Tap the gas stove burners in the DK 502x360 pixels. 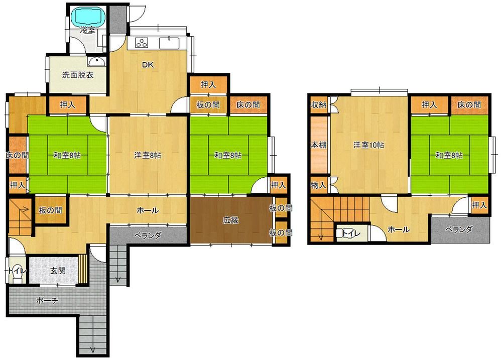click(142, 43)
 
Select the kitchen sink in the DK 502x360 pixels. click(169, 43)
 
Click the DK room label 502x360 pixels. click(148, 65)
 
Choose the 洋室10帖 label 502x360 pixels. click(368, 145)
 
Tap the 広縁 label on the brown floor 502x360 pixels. click(231, 220)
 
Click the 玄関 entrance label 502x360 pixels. click(58, 270)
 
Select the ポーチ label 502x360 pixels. click(47, 300)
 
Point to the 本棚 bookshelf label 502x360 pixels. click(319, 145)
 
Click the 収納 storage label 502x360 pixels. click(319, 104)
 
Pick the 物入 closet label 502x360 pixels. click(319, 185)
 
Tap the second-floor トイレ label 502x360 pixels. click(351, 233)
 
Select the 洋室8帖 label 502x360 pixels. click(148, 155)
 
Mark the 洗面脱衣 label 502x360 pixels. click(78, 75)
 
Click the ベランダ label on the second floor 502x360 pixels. click(459, 229)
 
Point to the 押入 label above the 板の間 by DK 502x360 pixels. click(208, 84)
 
